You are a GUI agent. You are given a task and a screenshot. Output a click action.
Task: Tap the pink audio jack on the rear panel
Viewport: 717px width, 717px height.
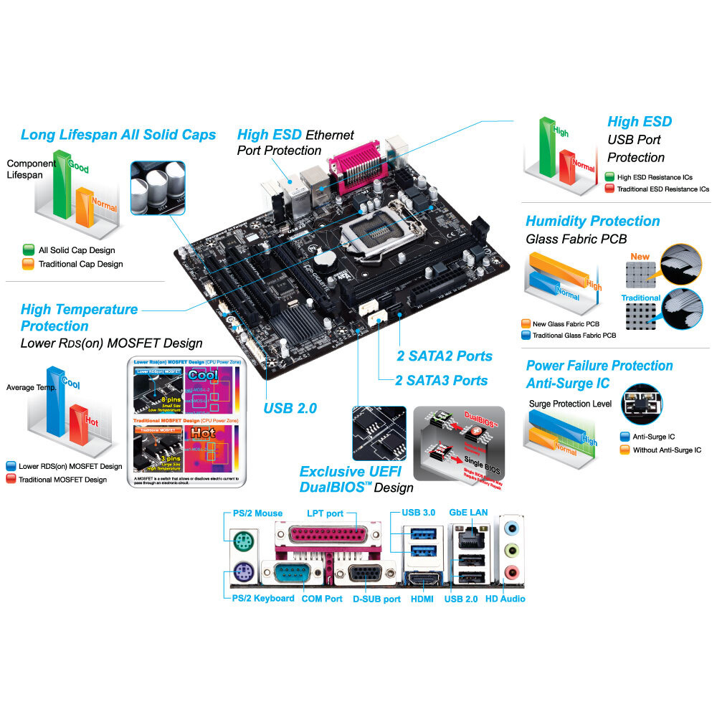point(511,572)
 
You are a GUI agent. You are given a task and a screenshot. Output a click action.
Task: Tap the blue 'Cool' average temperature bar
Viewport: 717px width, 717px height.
point(54,402)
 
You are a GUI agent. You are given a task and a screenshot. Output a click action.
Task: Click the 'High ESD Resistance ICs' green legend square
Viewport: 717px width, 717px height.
point(609,176)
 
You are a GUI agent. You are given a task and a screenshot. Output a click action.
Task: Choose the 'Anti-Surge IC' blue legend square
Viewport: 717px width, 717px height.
point(623,437)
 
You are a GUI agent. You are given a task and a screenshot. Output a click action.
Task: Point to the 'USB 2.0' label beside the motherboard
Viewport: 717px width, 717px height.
point(290,408)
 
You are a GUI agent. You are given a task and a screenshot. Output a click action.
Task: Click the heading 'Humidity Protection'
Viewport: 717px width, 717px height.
point(592,221)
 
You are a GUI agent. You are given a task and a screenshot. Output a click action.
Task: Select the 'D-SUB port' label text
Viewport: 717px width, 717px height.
point(376,599)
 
